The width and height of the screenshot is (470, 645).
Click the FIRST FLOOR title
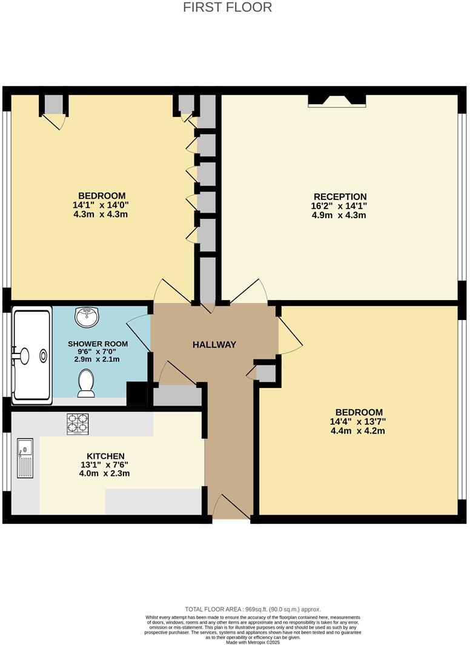[x=227, y=7]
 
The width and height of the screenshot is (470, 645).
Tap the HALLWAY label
[x=214, y=344]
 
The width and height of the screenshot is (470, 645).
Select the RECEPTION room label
[x=340, y=196]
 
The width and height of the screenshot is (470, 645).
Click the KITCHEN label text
[x=105, y=456]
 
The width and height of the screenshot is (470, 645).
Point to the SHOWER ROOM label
[x=93, y=343]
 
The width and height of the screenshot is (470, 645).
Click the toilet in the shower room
[x=86, y=384]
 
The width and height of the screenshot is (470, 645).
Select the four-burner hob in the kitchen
[x=77, y=424]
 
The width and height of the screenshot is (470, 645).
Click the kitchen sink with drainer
[x=25, y=458]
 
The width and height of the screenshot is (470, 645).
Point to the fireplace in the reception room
[x=337, y=101]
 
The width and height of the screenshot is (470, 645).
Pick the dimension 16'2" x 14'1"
[x=340, y=206]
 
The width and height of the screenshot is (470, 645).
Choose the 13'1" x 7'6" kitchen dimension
[x=105, y=465]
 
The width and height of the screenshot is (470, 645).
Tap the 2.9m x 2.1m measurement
[x=93, y=359]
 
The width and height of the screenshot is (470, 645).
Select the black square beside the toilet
[x=136, y=394]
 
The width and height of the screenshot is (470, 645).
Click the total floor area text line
[x=253, y=609]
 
